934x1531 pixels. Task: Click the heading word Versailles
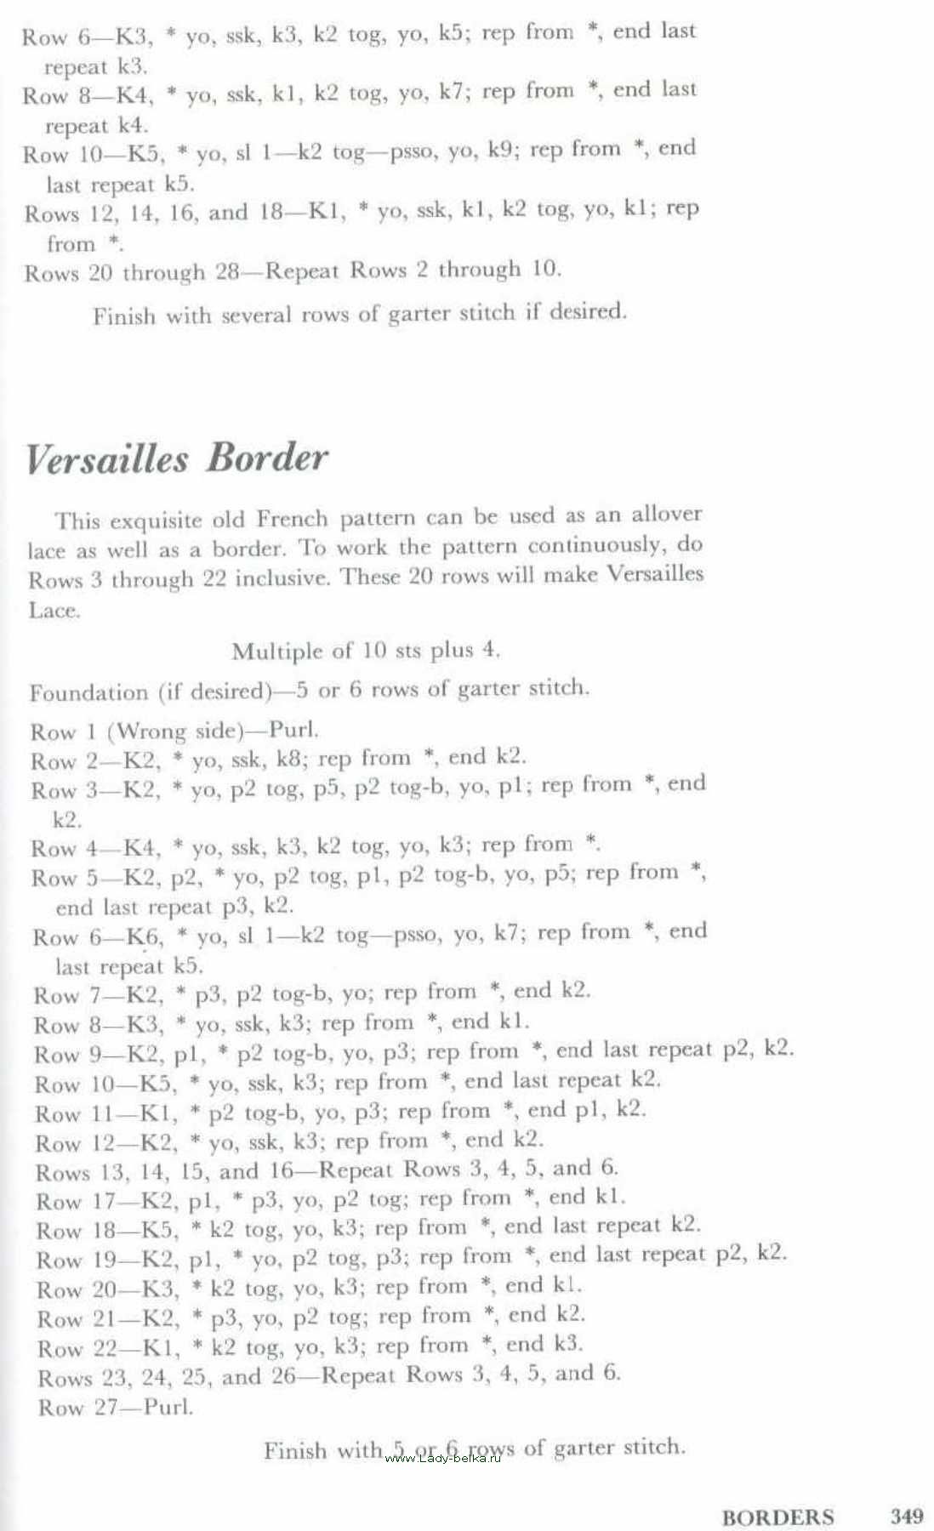[107, 459]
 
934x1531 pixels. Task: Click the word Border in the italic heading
[266, 458]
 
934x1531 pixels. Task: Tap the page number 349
[907, 1516]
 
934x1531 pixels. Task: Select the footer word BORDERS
[777, 1517]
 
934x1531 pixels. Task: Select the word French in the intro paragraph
[292, 518]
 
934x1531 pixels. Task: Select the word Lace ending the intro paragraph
[54, 611]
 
